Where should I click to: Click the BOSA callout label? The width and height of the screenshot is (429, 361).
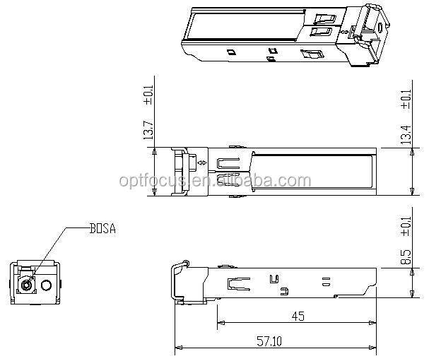103,229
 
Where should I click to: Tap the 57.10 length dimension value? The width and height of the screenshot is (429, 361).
269,341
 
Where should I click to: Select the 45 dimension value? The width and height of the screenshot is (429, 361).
298,316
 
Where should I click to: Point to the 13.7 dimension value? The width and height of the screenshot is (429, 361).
148,129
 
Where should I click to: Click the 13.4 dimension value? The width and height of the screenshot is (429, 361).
406,134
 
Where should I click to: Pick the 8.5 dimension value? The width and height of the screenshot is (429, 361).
406,256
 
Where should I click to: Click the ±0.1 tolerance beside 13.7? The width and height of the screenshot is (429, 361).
148,95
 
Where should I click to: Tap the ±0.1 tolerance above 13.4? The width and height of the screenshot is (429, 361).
406,99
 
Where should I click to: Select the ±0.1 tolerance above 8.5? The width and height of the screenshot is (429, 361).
406,226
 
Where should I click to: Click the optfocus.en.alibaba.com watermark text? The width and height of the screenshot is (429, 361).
215,181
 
